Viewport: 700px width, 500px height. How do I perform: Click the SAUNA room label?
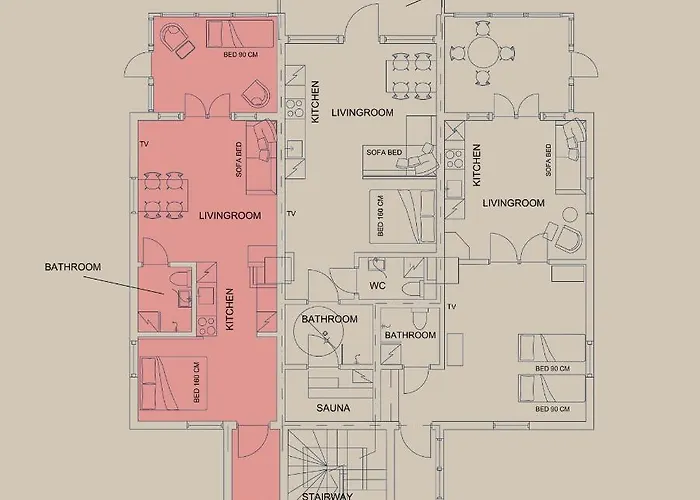[333, 408]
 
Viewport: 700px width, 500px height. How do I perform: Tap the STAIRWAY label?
[327, 496]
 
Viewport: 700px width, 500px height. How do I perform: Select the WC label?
[377, 286]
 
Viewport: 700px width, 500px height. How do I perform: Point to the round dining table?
[483, 53]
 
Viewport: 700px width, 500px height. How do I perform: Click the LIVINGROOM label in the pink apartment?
[230, 216]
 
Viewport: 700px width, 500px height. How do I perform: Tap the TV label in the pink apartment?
[144, 144]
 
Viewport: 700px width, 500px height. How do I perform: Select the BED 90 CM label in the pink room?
[241, 54]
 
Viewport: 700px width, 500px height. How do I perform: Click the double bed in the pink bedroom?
[173, 383]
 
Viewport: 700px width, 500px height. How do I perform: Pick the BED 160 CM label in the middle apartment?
[380, 216]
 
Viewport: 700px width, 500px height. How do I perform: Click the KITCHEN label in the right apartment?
[476, 165]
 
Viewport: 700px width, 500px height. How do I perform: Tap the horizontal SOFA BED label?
[384, 152]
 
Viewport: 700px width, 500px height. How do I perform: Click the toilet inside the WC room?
[412, 288]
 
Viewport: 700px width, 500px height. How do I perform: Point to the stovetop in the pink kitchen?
[207, 326]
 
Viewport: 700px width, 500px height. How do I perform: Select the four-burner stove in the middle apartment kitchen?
[295, 108]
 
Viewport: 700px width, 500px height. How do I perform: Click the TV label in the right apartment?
[452, 307]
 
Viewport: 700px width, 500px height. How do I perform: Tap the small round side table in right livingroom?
[570, 215]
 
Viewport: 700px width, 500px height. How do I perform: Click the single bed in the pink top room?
[240, 33]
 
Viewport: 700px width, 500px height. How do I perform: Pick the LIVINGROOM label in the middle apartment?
[362, 112]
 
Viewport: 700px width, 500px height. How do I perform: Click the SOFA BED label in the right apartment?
[548, 160]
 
